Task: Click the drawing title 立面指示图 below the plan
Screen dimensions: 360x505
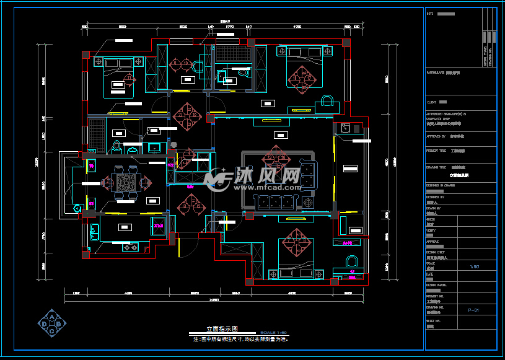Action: pos(222,329)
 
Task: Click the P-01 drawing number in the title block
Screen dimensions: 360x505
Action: pos(473,309)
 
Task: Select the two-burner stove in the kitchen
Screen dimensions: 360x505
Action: pos(130,248)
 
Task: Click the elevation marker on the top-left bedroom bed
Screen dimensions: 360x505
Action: pos(130,77)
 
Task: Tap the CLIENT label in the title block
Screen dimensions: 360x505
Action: pos(431,102)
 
